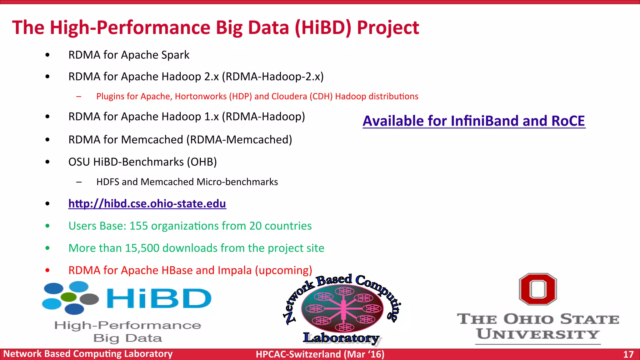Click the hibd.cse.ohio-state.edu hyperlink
147,204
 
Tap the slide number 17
628,354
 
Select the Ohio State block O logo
538,289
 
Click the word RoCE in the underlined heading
568,121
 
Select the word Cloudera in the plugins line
289,96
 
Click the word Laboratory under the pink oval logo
341,338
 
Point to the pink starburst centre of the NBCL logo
343,309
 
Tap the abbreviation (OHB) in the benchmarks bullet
202,162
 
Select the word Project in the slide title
388,27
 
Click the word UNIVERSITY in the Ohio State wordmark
537,334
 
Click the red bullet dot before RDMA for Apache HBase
47,270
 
